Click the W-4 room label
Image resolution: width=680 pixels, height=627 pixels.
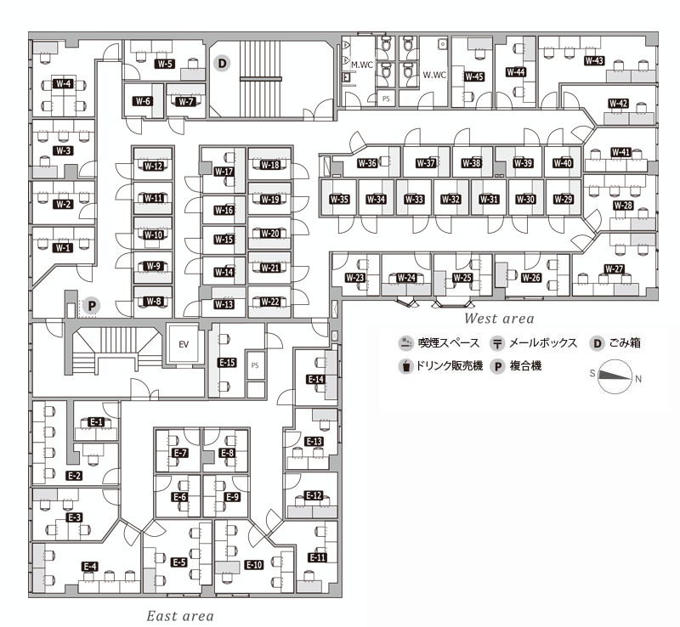pyautogui.click(x=63, y=83)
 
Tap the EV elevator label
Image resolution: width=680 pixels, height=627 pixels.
pyautogui.click(x=184, y=344)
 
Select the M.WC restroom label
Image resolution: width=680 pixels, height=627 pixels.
pyautogui.click(x=362, y=65)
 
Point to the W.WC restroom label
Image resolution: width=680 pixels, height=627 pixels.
pyautogui.click(x=434, y=75)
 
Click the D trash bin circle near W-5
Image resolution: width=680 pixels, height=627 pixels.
pyautogui.click(x=222, y=64)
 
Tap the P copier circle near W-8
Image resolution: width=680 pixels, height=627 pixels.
pyautogui.click(x=92, y=305)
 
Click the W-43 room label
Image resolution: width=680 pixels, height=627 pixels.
pyautogui.click(x=594, y=60)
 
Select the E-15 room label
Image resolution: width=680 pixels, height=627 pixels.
pyautogui.click(x=227, y=362)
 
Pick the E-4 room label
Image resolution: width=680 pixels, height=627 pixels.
pyautogui.click(x=90, y=567)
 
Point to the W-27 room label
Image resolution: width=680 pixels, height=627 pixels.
pyautogui.click(x=614, y=268)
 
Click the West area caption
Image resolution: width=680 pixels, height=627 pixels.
pyautogui.click(x=499, y=319)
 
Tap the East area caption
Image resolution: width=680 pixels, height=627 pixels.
pyautogui.click(x=180, y=616)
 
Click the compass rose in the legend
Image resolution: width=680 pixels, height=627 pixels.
pyautogui.click(x=614, y=376)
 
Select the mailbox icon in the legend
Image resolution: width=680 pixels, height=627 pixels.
pyautogui.click(x=497, y=344)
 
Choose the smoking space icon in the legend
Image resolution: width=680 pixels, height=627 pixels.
pyautogui.click(x=405, y=343)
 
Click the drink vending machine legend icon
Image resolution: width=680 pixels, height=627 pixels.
pyautogui.click(x=405, y=366)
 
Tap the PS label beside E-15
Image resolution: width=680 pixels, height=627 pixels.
pyautogui.click(x=254, y=365)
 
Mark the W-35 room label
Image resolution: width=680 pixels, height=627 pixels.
pyautogui.click(x=339, y=200)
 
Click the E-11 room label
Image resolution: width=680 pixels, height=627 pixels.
pyautogui.click(x=317, y=557)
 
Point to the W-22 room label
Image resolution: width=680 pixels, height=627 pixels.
pyautogui.click(x=269, y=302)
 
